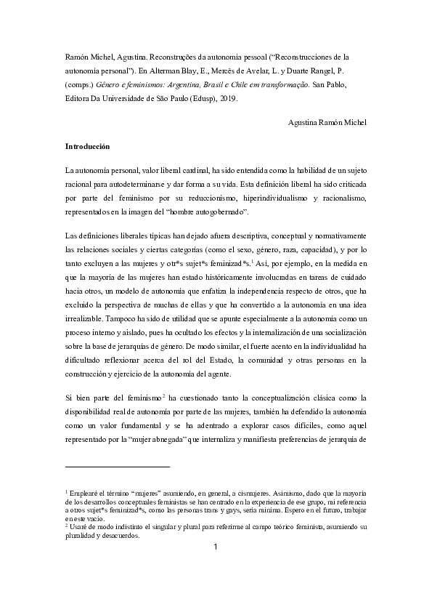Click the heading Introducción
click(87, 146)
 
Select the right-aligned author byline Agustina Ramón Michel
click(327, 122)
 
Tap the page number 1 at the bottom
click(216, 568)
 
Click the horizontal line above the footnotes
click(117, 467)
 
